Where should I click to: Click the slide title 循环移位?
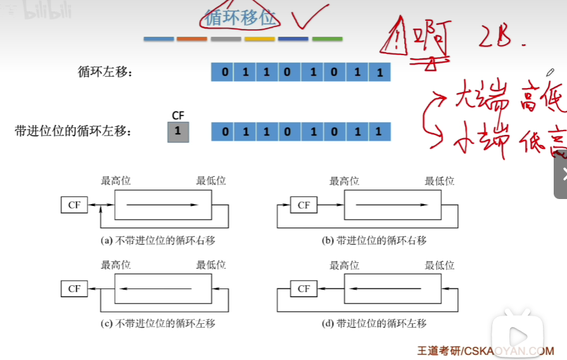pyautogui.click(x=241, y=18)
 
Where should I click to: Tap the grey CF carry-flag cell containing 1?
pyautogui.click(x=178, y=131)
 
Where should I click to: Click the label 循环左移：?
pyautogui.click(x=105, y=72)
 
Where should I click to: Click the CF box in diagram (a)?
pyautogui.click(x=75, y=205)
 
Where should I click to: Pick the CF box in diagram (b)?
pyautogui.click(x=303, y=205)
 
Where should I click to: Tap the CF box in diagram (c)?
pyautogui.click(x=75, y=288)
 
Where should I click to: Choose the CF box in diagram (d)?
pyautogui.click(x=303, y=288)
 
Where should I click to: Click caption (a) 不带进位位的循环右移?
pyautogui.click(x=158, y=240)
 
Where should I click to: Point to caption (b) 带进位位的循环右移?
pyautogui.click(x=374, y=240)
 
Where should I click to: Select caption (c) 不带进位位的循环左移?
pyautogui.click(x=158, y=323)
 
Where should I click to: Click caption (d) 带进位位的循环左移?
pyautogui.click(x=374, y=323)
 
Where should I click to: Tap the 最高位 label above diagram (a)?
pyautogui.click(x=116, y=181)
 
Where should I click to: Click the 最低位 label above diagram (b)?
pyautogui.click(x=440, y=181)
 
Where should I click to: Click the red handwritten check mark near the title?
pyautogui.click(x=310, y=18)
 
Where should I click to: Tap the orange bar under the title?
pyautogui.click(x=192, y=39)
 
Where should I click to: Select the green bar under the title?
pyautogui.click(x=327, y=39)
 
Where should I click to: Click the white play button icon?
pyautogui.click(x=518, y=335)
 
